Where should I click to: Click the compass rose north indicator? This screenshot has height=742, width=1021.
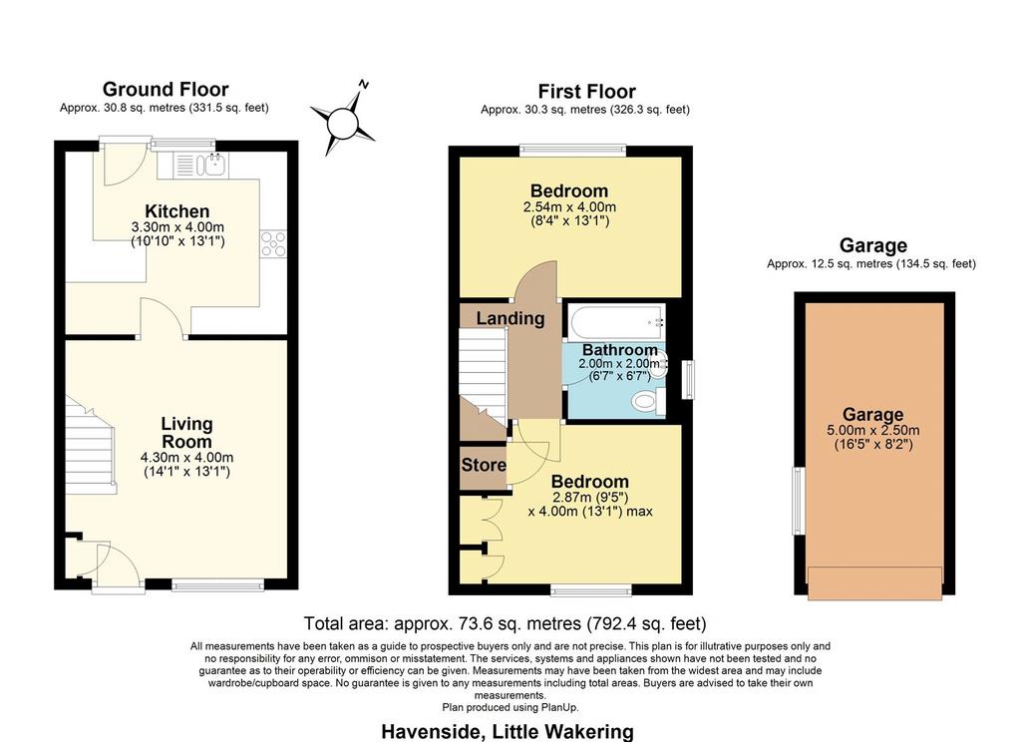click(x=364, y=84)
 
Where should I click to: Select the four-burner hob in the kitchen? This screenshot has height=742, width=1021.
click(x=273, y=243)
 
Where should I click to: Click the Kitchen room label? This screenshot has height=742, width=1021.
click(x=177, y=211)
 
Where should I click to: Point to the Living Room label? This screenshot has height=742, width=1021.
click(x=186, y=433)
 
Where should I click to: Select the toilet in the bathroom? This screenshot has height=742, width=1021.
click(x=648, y=400)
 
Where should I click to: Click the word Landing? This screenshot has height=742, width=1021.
click(x=510, y=318)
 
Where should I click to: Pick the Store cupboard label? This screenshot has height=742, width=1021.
click(x=484, y=465)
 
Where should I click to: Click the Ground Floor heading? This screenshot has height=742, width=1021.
click(x=166, y=89)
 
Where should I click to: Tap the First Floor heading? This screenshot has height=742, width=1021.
click(x=586, y=92)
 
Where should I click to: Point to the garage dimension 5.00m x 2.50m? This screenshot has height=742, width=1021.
click(x=873, y=431)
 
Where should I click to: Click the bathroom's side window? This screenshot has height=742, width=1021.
click(x=688, y=379)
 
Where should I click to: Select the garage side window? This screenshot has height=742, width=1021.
click(x=799, y=501)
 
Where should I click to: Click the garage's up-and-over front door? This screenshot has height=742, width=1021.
click(x=874, y=582)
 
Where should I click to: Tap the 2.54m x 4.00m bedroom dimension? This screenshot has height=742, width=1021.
click(x=569, y=207)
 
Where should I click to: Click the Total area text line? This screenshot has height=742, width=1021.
click(x=506, y=624)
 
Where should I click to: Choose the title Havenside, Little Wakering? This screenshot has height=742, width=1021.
click(x=508, y=732)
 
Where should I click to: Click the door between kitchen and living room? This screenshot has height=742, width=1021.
click(x=163, y=318)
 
